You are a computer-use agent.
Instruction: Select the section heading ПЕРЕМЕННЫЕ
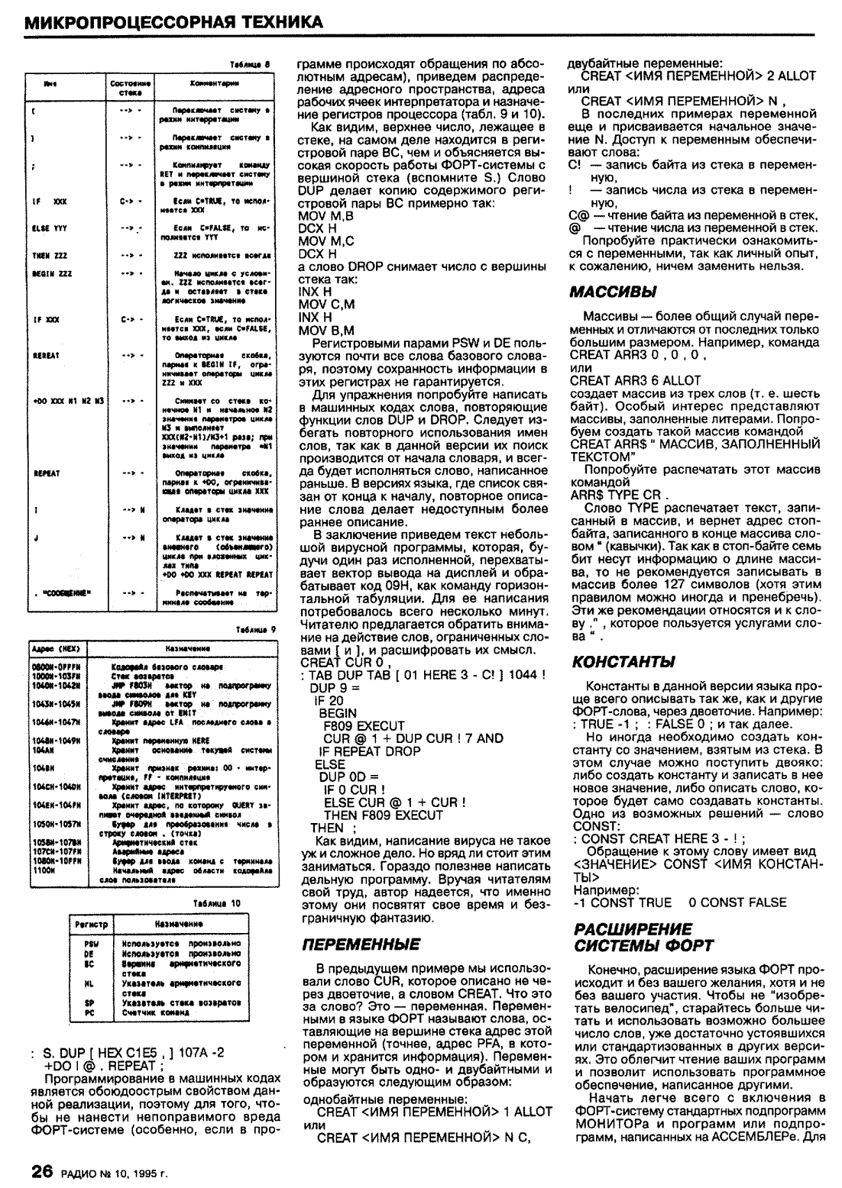tap(361, 944)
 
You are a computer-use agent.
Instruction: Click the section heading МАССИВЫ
tap(614, 292)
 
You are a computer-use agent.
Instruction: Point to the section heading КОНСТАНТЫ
tap(623, 660)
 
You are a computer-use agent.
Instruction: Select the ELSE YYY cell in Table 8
tap(45, 228)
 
